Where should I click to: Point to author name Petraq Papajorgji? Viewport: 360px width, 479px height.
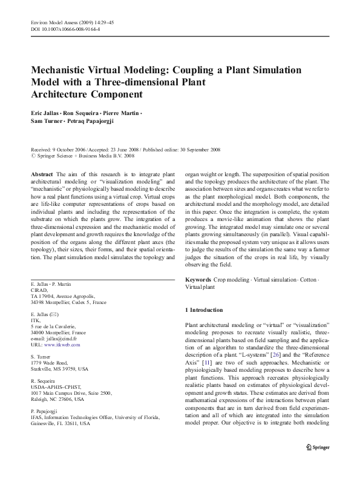click(96, 122)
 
